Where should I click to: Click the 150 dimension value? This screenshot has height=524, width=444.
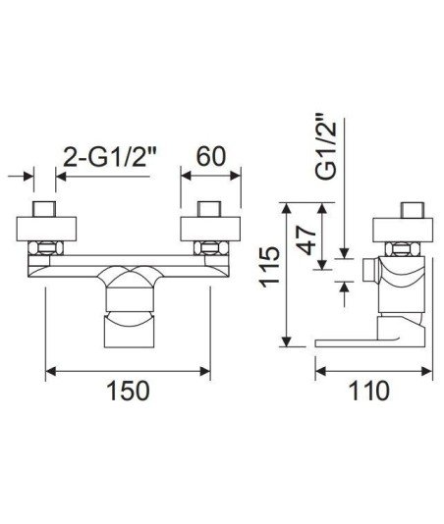click(x=128, y=391)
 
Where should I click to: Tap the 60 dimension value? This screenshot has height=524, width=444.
click(x=211, y=156)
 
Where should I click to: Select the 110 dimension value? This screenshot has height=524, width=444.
click(x=369, y=391)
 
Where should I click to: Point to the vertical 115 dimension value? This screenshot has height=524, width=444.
click(x=270, y=267)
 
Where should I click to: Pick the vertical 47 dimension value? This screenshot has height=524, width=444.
click(x=306, y=240)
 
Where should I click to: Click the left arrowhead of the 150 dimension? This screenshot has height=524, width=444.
click(x=50, y=371)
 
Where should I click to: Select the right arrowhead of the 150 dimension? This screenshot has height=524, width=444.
click(x=205, y=371)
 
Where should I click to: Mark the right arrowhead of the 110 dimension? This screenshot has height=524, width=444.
click(x=427, y=371)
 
